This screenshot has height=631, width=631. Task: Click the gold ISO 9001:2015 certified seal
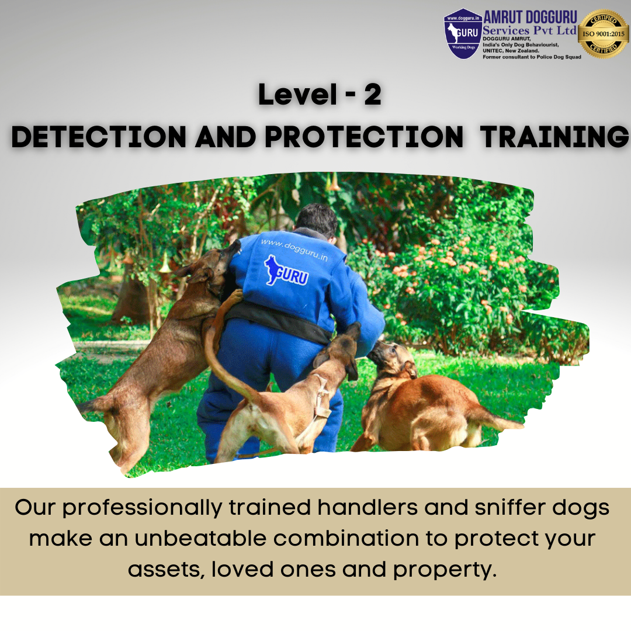602,34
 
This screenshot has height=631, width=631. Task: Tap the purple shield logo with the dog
463,33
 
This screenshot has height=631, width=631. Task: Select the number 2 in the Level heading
372,96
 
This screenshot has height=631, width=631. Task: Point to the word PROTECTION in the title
363,137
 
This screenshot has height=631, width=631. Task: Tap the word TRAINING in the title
554,137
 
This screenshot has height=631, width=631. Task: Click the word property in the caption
444,568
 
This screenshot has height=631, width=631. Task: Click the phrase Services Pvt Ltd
529,29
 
